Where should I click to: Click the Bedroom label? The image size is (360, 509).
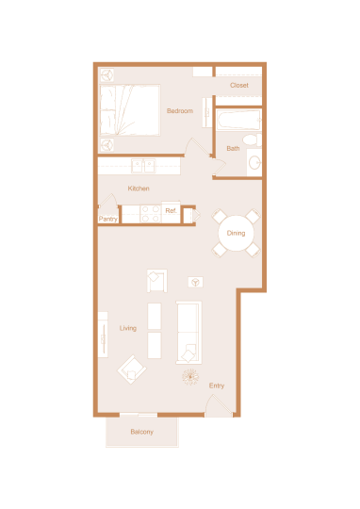coord(180,111)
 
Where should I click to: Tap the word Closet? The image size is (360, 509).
coord(239,86)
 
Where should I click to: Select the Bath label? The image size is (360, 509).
coord(233,148)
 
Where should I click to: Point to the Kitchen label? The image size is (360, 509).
coord(139,189)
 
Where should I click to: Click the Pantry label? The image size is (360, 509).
coord(108,219)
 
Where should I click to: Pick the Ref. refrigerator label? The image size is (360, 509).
coord(171,211)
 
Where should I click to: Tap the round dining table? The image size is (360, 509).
coord(236,233)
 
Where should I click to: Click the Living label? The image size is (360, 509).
coord(128,328)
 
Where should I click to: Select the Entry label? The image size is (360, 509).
coord(217,386)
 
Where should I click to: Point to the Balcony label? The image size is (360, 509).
coord(142,432)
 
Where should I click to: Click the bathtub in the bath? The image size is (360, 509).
coord(238,120)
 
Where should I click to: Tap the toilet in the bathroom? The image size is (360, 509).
coord(252,140)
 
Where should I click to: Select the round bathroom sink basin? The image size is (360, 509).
coord(254,162)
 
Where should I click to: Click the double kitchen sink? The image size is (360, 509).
coord(143,166)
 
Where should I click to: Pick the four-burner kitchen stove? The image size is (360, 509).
coord(151,214)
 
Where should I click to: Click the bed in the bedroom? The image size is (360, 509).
coord(129,110)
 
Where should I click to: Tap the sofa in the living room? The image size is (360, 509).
coord(188,333)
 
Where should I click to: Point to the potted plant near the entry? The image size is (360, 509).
coord(190,377)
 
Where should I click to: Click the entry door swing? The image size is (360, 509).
coord(219,405)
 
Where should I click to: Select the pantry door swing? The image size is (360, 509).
coord(108,200)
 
